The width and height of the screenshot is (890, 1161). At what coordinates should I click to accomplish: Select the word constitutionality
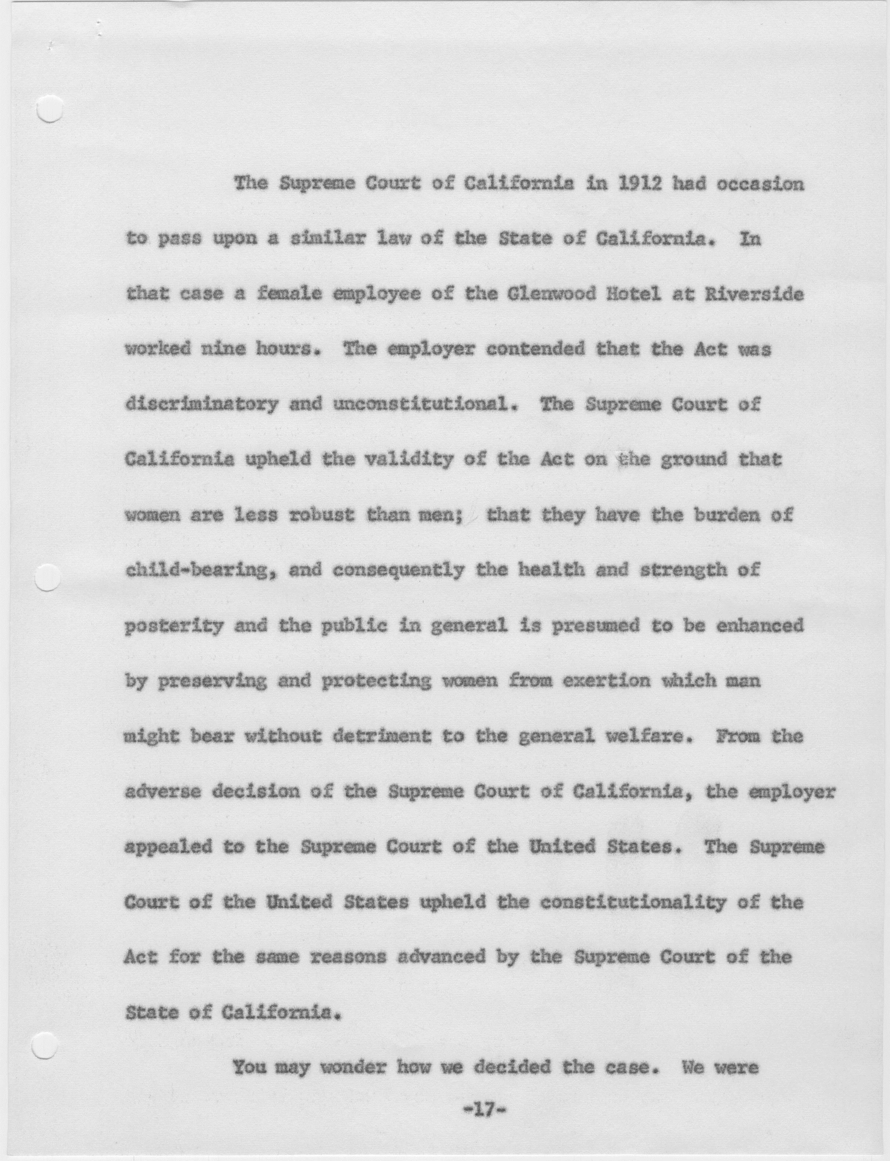pos(633,903)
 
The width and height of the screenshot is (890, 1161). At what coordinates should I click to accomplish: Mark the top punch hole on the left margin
pos(50,110)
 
